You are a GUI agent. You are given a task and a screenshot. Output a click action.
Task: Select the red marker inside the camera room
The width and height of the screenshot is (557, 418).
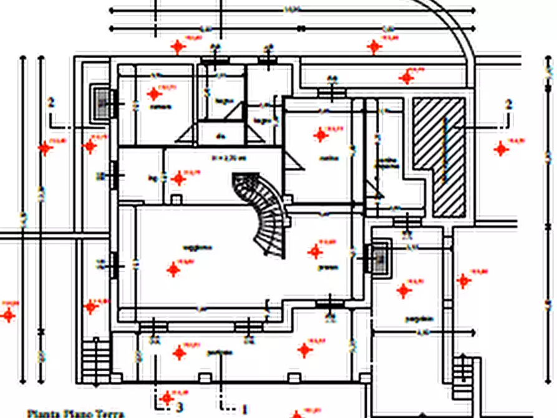pos(154,94)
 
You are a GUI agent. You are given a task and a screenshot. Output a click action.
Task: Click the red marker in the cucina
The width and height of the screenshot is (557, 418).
pos(321,134)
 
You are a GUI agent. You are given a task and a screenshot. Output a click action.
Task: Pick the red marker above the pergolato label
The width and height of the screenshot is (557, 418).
pos(404,290)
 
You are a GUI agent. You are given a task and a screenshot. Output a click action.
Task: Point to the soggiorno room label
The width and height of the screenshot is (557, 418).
pos(197,248)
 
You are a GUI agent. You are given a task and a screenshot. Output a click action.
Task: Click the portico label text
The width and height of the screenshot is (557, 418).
pos(220,353)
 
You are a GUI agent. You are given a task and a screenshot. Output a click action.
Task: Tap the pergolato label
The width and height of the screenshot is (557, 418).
pos(418,319)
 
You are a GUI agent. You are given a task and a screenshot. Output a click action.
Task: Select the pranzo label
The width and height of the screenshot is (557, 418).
pos(328,268)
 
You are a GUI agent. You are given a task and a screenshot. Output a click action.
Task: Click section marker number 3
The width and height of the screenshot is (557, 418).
pos(180,407)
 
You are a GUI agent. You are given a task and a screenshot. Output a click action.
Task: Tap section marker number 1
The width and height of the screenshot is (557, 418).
pos(245,409)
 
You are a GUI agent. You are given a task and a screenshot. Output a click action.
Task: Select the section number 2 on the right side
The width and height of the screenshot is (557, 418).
pos(508,104)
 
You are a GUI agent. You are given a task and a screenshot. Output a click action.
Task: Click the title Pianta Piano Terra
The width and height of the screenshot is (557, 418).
pos(75,413)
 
